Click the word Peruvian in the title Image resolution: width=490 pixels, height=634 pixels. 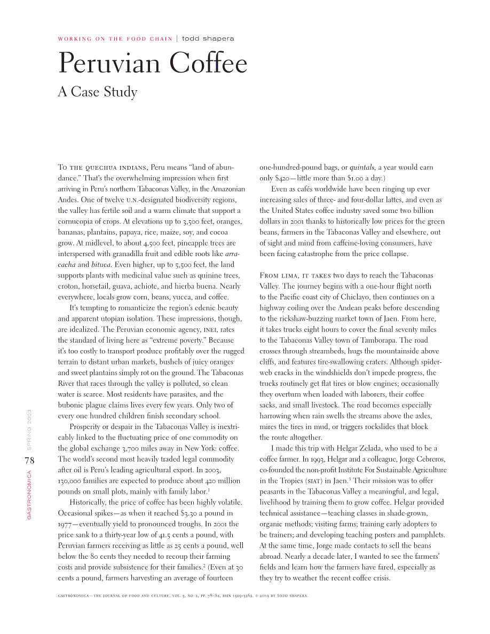pyautogui.click(x=107, y=64)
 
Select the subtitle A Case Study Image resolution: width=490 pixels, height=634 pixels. pyautogui.click(x=97, y=92)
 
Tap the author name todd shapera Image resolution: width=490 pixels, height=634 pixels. pyautogui.click(x=208, y=38)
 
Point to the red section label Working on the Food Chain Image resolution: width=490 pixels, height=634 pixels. pyautogui.click(x=115, y=39)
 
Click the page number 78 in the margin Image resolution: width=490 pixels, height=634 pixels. pyautogui.click(x=29, y=460)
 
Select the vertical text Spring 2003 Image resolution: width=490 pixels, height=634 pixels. pyautogui.click(x=29, y=429)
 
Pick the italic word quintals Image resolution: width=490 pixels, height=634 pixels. pyautogui.click(x=362, y=168)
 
